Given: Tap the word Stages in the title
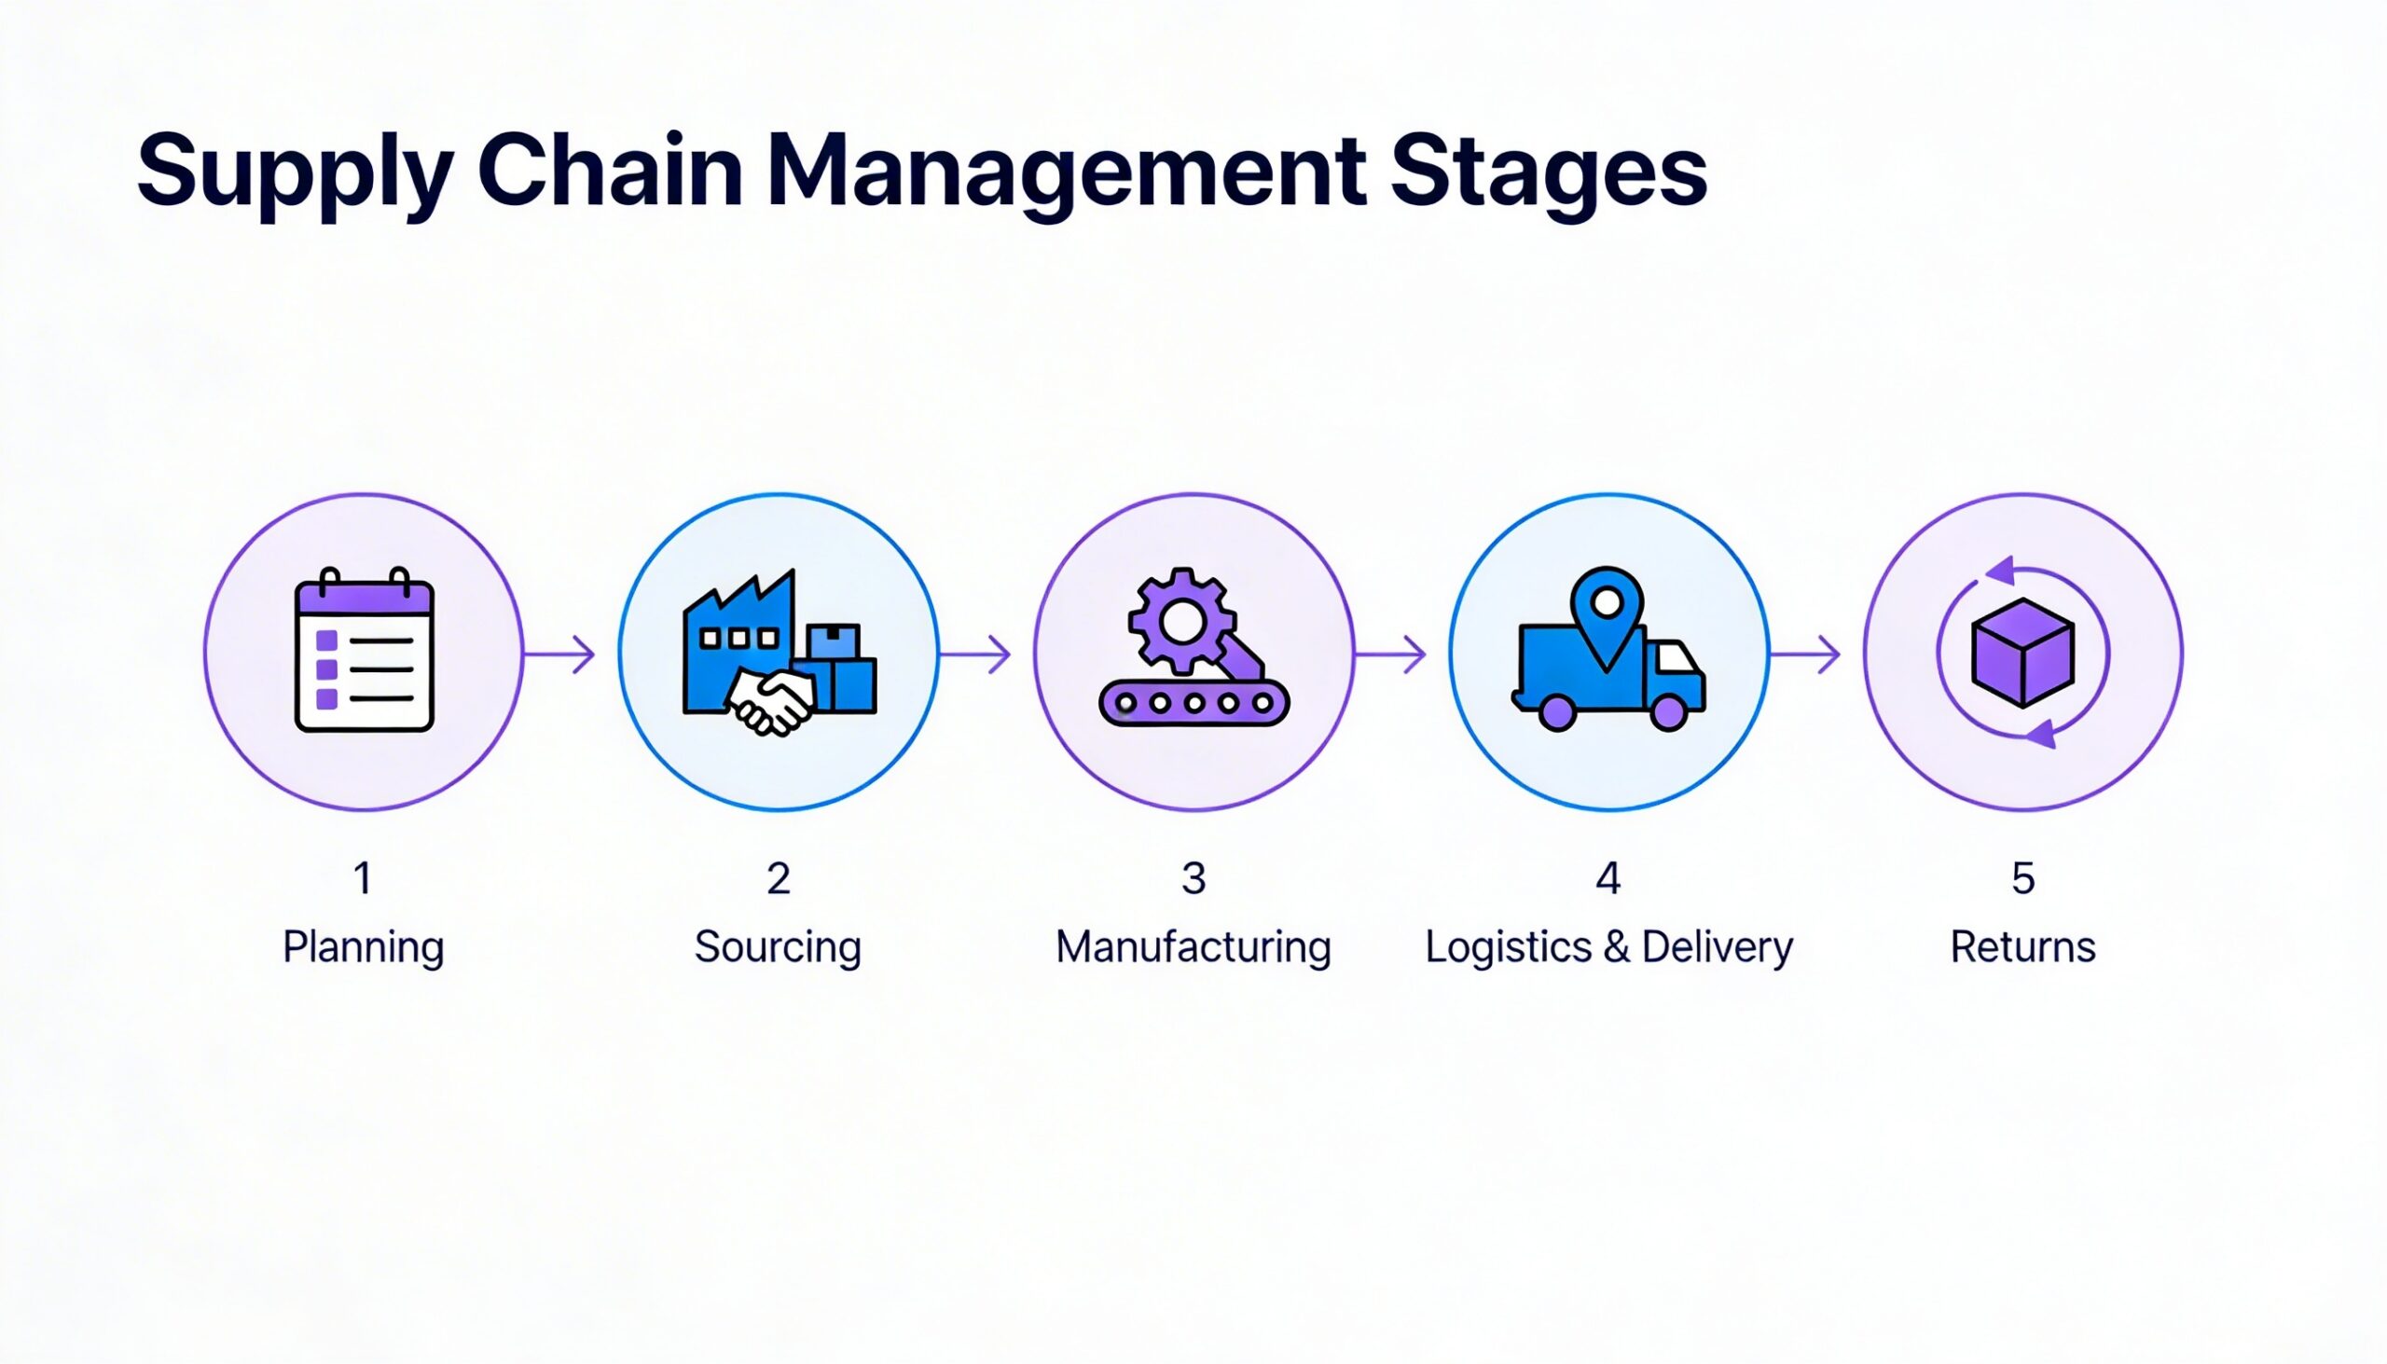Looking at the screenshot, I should tap(1548, 173).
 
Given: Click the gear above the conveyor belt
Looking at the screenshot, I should tap(1181, 620).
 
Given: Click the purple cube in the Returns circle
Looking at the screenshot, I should tap(2022, 652).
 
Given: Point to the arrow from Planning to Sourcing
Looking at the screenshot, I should tap(560, 653).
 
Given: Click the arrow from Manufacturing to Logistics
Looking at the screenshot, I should tap(1390, 653).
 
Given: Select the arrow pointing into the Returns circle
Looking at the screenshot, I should tap(1805, 653).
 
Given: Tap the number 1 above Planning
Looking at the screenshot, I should tap(363, 879).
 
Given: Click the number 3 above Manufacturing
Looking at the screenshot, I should tap(1193, 879).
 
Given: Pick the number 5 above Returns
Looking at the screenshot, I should tap(2022, 879).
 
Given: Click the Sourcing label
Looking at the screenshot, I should tap(778, 947).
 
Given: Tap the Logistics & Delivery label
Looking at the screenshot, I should tap(1608, 947).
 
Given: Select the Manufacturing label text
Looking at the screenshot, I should tap(1193, 947).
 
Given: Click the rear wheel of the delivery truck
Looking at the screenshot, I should tap(1557, 713).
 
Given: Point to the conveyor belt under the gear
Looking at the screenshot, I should tap(1193, 703).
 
